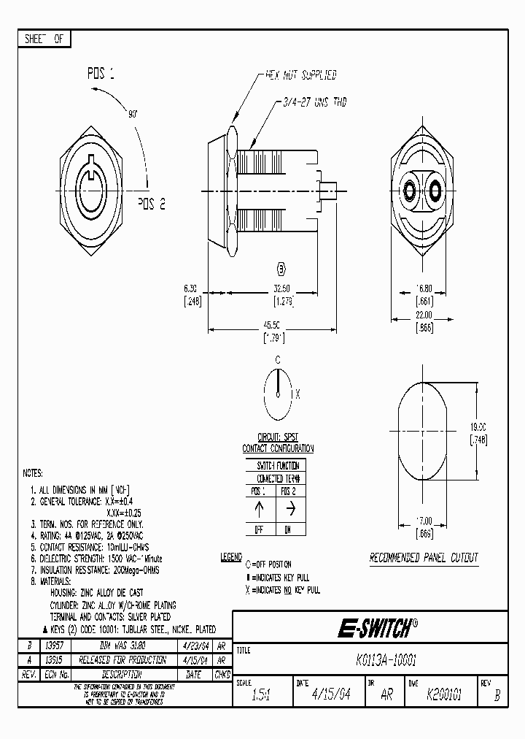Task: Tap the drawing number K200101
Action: click(445, 695)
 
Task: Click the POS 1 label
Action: click(101, 74)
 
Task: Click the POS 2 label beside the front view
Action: click(152, 204)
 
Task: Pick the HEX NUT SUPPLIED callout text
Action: click(300, 75)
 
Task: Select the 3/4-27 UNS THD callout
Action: click(314, 104)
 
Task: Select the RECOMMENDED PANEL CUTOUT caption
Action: click(423, 558)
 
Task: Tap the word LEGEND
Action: click(230, 558)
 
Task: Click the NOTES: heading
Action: click(34, 473)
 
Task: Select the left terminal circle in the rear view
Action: click(410, 191)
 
